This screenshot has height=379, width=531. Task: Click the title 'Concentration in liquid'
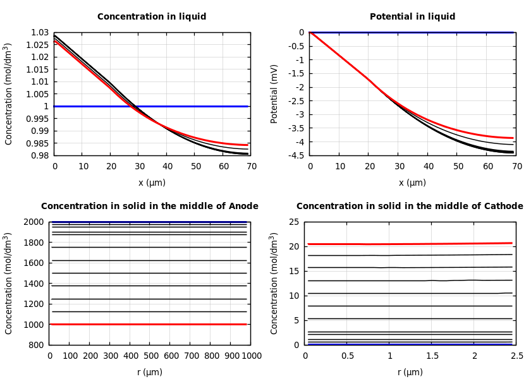click(152, 17)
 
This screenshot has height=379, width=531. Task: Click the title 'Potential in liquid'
click(412, 17)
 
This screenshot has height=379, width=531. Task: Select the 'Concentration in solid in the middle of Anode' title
click(150, 207)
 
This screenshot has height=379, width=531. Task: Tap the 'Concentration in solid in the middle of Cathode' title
click(410, 207)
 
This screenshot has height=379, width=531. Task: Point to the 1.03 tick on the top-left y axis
click(40, 32)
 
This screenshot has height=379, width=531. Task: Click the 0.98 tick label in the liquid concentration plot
click(40, 155)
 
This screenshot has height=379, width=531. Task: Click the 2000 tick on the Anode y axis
click(35, 222)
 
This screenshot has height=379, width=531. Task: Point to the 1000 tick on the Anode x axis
click(251, 356)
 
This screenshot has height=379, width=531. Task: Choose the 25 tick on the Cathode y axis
click(293, 222)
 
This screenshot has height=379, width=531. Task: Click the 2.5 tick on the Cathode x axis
click(516, 356)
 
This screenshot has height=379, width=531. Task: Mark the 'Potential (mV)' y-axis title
click(274, 93)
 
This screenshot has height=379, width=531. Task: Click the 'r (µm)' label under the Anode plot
click(150, 372)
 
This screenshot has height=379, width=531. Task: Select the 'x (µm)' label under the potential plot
click(412, 183)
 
